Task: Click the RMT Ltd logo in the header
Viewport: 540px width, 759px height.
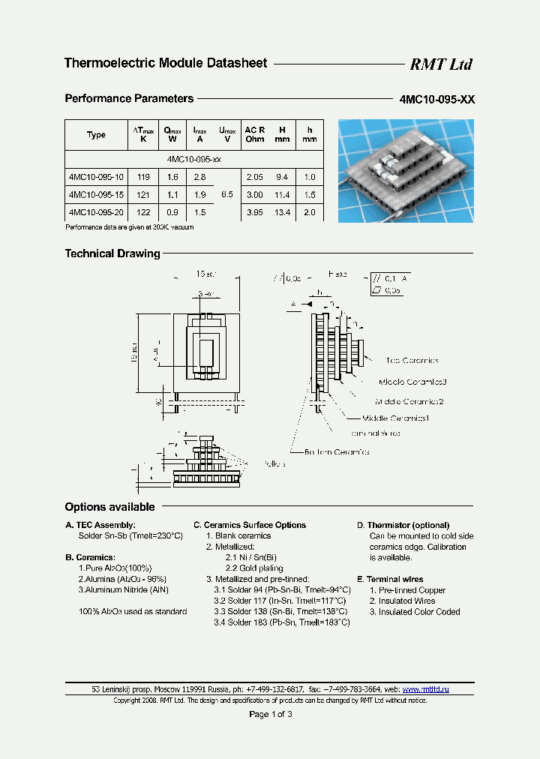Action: (440, 64)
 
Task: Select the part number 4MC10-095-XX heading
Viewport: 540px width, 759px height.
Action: (437, 99)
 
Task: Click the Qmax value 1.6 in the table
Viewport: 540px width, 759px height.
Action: (172, 177)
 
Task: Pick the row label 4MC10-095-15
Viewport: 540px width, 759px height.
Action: (96, 194)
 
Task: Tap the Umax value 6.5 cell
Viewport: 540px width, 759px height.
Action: (226, 194)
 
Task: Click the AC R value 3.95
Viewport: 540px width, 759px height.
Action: (255, 212)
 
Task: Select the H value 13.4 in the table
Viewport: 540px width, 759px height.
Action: (282, 212)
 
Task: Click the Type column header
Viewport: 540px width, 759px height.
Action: (96, 135)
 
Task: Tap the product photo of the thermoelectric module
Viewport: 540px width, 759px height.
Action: (406, 171)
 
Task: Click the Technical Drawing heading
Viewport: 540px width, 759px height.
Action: (112, 253)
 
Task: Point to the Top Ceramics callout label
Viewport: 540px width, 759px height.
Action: (412, 361)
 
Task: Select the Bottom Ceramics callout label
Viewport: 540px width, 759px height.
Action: (337, 452)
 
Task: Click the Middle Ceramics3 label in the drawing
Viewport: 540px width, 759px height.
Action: (412, 382)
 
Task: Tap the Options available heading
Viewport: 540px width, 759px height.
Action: (109, 507)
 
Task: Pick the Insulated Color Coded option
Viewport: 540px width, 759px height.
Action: (414, 612)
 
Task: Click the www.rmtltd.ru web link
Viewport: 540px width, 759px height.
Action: (425, 688)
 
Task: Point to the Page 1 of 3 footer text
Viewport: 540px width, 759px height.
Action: (270, 714)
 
